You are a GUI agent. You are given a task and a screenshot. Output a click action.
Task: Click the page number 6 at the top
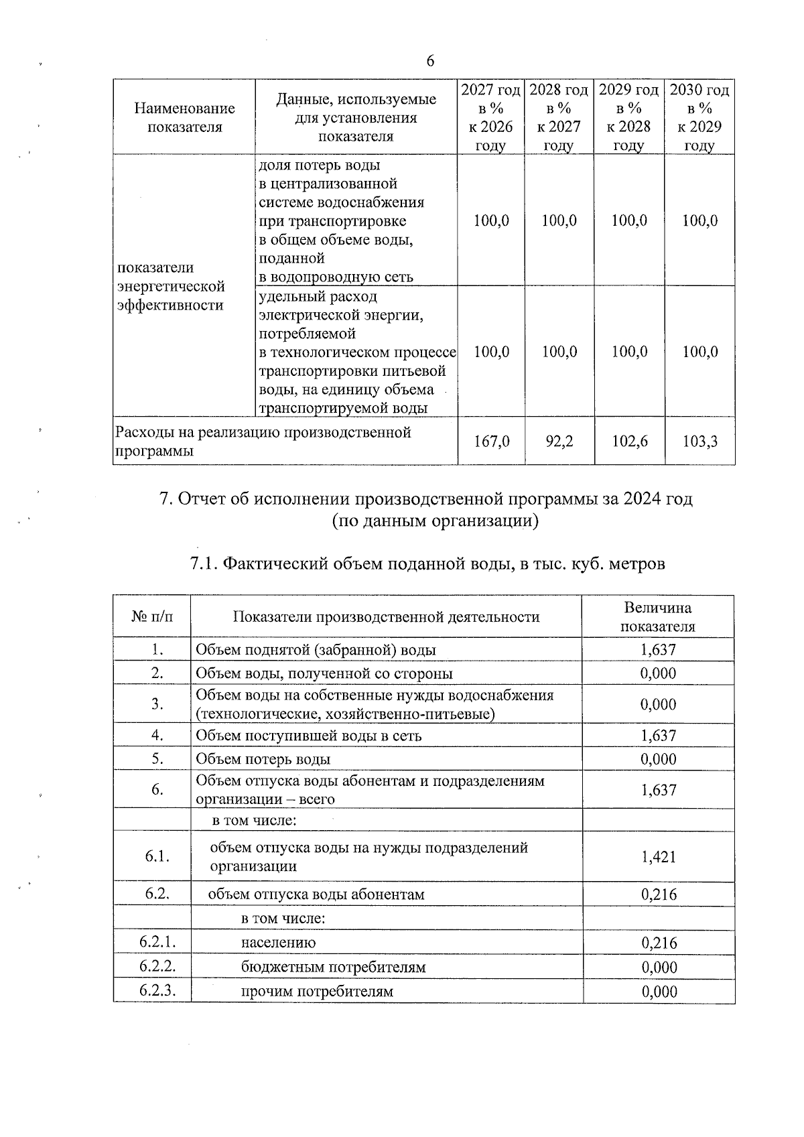(x=430, y=61)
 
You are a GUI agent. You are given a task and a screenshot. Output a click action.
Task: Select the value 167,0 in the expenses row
(x=491, y=441)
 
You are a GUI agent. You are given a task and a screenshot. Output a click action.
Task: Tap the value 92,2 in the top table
(x=559, y=441)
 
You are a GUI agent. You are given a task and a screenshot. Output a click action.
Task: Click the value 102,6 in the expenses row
(x=629, y=441)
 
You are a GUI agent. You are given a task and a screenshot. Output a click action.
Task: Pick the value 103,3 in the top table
(x=699, y=441)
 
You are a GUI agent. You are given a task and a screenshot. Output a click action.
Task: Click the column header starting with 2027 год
(x=490, y=117)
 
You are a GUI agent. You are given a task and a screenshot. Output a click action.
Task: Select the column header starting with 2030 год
(x=699, y=117)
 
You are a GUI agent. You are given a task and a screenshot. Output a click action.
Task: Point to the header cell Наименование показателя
(x=184, y=117)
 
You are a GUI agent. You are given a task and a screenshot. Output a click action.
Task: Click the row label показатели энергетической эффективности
(x=171, y=286)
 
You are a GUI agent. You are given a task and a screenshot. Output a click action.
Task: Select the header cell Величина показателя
(x=658, y=616)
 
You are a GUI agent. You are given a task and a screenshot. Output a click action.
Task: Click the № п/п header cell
(x=152, y=616)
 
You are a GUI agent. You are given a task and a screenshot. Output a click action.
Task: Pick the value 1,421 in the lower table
(x=659, y=856)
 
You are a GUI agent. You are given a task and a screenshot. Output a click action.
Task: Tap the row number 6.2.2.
(x=157, y=966)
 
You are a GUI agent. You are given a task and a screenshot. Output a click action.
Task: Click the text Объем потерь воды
(x=263, y=759)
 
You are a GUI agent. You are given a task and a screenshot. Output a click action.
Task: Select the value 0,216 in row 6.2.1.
(x=659, y=943)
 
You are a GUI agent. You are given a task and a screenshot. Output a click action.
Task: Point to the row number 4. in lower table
(x=157, y=735)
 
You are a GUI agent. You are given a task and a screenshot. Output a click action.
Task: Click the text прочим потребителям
(x=317, y=992)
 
